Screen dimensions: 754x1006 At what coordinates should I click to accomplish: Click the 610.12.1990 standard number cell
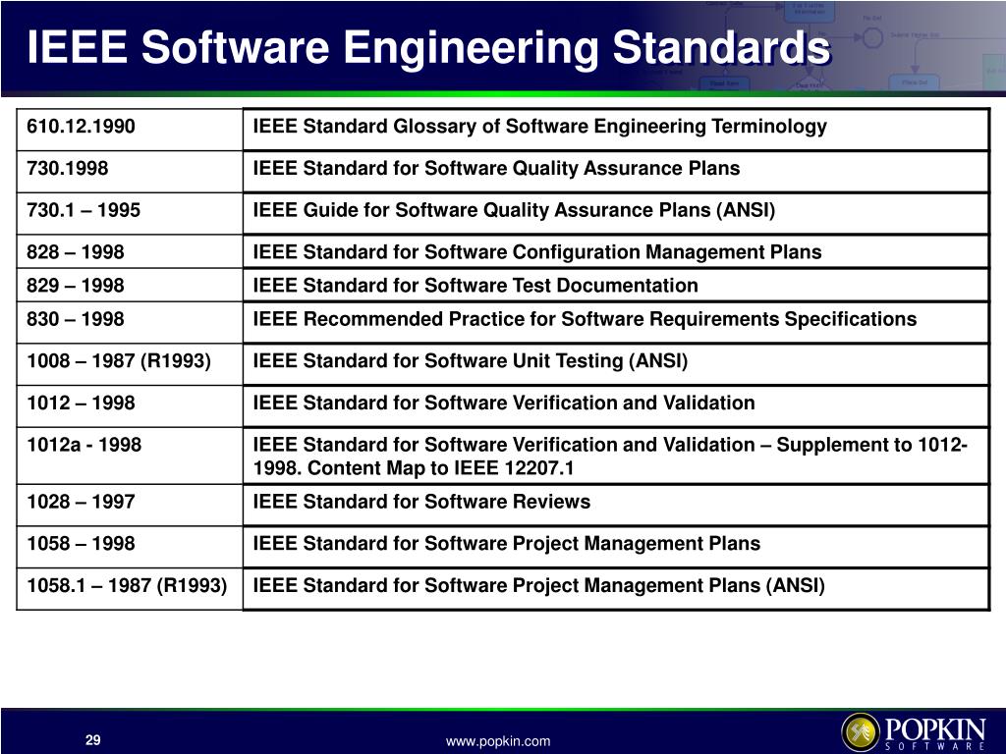[x=82, y=127]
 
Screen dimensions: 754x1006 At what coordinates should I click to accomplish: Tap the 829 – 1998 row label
[x=76, y=286]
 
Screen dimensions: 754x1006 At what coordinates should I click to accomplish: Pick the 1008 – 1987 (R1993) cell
[x=119, y=361]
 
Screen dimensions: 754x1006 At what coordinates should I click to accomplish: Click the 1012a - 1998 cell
[x=84, y=445]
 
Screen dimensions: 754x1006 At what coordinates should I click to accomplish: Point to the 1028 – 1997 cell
[x=82, y=502]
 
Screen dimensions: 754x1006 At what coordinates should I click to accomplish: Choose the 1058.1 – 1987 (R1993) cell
[x=127, y=586]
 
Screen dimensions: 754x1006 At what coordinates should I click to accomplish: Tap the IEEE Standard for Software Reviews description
[x=421, y=502]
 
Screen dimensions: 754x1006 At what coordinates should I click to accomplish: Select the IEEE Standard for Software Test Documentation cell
[x=475, y=286]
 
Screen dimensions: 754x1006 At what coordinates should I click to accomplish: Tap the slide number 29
[x=93, y=740]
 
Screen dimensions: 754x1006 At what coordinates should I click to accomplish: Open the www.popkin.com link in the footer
[x=498, y=741]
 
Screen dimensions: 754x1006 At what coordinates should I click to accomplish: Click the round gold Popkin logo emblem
[x=862, y=731]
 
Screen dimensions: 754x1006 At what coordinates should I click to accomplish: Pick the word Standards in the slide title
[x=721, y=49]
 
